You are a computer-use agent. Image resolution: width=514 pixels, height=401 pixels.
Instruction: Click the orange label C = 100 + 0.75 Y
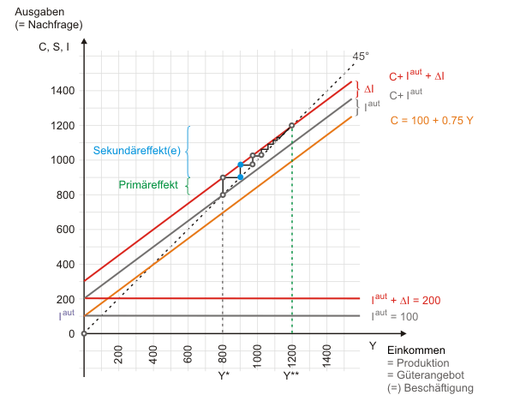[x=432, y=121]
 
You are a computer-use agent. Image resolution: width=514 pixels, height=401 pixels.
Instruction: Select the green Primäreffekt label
[x=147, y=183]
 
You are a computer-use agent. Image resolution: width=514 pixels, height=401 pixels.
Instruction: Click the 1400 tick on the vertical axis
[x=63, y=91]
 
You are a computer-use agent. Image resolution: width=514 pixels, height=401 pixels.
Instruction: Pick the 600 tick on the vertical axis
[x=65, y=230]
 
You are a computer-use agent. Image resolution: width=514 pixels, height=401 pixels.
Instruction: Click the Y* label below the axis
[x=223, y=374]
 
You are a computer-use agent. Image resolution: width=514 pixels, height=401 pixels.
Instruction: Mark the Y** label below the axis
[x=292, y=374]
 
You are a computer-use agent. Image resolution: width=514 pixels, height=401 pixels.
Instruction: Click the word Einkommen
[x=416, y=350]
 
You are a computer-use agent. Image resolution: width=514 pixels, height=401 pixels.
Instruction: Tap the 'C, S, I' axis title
[x=53, y=47]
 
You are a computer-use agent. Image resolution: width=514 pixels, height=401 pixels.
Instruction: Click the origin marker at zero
[x=84, y=333]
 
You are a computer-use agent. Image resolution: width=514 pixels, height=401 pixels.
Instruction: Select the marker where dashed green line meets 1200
[x=292, y=126]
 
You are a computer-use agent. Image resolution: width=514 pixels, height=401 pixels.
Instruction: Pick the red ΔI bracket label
[x=369, y=88]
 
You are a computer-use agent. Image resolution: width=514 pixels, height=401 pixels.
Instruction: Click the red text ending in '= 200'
[x=408, y=300]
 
